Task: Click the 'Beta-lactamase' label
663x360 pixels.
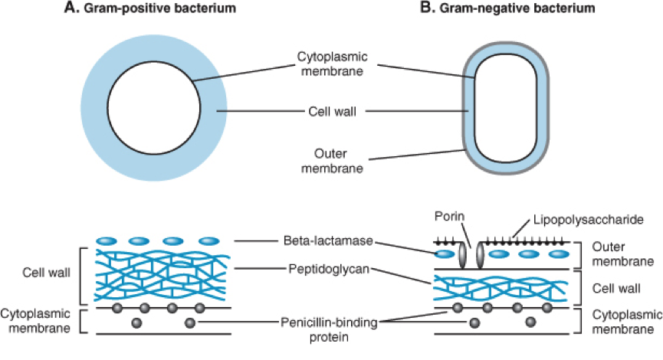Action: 326,241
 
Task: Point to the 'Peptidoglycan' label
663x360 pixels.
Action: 326,269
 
